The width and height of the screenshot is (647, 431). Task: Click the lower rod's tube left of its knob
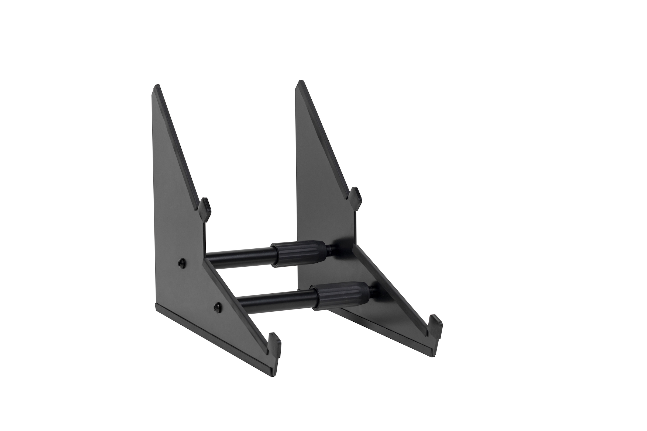coord(275,300)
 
